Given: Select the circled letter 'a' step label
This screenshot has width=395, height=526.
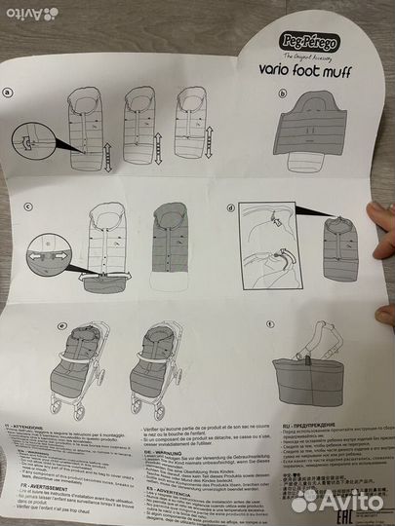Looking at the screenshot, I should pos(9,94).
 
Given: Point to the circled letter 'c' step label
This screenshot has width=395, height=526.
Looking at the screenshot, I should pos(30,207).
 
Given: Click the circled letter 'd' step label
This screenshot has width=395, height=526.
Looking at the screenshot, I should pos(231,207).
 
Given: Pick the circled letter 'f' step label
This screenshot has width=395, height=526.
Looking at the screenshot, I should pos(270,325).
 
